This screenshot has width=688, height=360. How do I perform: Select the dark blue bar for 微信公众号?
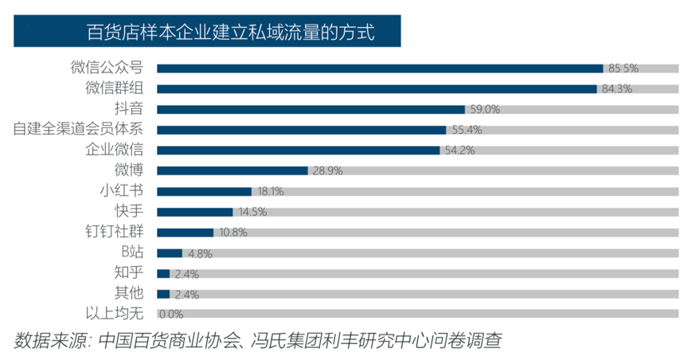pos(380,68)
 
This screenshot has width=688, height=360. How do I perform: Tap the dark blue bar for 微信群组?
pos(377,88)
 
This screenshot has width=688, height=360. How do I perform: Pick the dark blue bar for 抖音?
pos(311,109)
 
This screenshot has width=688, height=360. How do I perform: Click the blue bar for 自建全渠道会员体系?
pos(301,129)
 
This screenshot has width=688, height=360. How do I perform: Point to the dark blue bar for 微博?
pos(233,170)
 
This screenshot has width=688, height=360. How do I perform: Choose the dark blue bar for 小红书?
pos(205,191)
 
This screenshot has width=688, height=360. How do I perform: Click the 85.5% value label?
pos(623,68)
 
